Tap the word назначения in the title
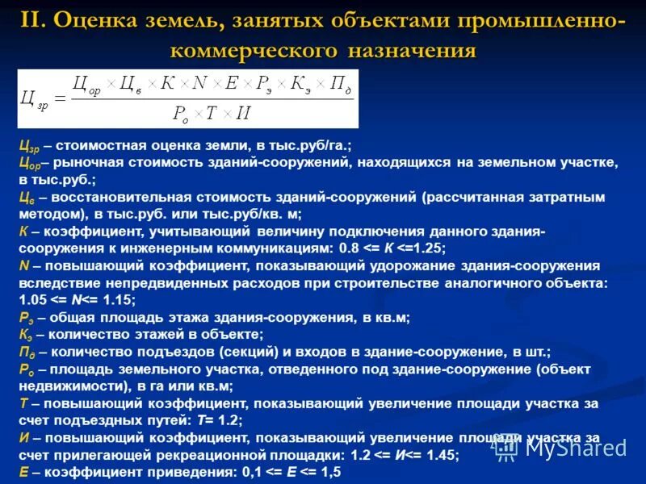[413, 50]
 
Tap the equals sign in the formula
[58, 100]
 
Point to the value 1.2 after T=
[231, 420]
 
